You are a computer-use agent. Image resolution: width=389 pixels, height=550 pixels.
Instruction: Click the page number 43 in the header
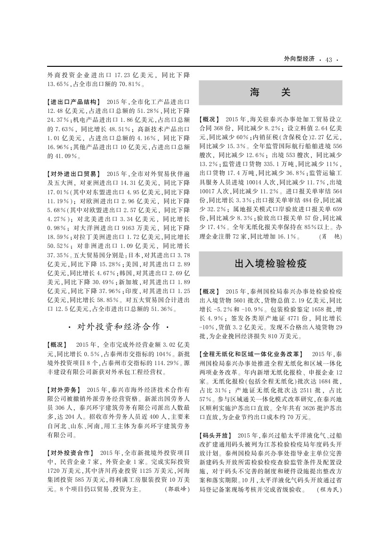click(329, 59)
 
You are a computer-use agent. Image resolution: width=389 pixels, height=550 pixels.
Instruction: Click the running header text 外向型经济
click(299, 59)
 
